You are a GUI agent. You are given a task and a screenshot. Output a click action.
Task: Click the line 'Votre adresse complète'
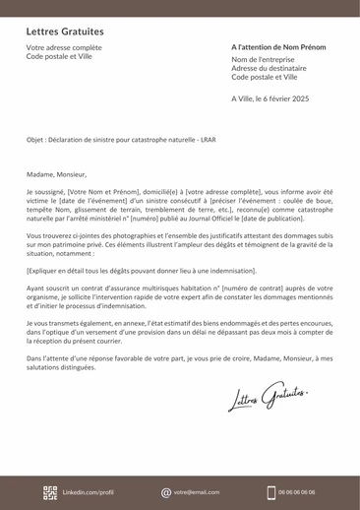pos(64,47)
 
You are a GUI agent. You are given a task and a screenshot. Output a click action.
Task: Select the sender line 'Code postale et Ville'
pos(59,56)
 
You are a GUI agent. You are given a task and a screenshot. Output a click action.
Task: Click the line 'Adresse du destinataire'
pos(269,68)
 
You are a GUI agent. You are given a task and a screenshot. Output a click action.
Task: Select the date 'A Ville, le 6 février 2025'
pos(270,98)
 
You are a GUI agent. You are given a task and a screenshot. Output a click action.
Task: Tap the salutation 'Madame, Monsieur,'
pos(57,173)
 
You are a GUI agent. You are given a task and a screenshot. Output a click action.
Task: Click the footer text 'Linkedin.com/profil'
pos(89,491)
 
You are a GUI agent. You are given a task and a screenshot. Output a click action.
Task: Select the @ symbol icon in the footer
pos(166,491)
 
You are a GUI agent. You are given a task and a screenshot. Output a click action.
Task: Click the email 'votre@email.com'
pos(197,491)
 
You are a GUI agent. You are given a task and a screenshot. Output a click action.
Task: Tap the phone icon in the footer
pos(270,491)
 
